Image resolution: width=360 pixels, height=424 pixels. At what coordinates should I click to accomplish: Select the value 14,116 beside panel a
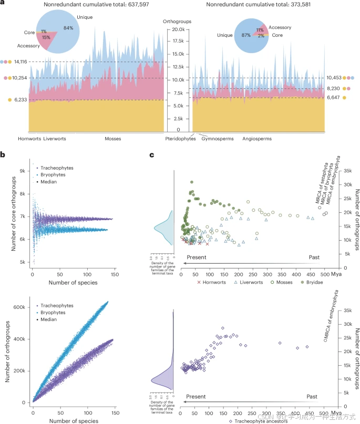pyautogui.click(x=19, y=61)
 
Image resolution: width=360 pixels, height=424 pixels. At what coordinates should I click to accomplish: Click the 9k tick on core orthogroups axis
pyautogui.click(x=22, y=171)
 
